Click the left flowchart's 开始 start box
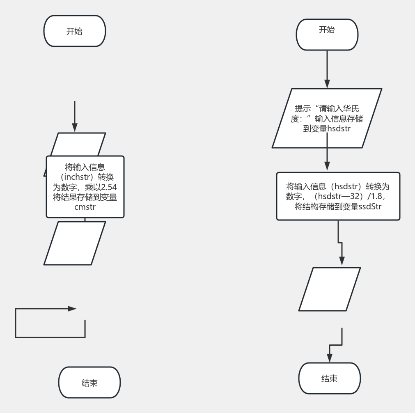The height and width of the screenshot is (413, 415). coord(74,31)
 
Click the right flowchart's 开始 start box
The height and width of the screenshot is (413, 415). coord(327,30)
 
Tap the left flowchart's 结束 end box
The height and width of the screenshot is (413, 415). coord(89,383)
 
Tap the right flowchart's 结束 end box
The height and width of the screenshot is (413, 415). coord(329,379)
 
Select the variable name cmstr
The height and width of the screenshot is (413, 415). coord(85,207)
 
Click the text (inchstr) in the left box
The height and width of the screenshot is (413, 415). coord(77,177)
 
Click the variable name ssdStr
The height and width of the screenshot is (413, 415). coord(370,206)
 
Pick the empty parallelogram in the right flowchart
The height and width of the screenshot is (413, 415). coord(329,289)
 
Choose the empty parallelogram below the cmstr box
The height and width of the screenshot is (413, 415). coord(75,243)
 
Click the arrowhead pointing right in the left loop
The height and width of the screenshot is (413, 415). coord(72,309)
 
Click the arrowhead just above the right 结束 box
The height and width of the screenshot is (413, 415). coord(330,358)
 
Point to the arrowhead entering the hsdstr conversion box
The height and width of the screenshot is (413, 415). coord(327,166)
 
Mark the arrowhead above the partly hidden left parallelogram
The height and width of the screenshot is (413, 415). coord(74,127)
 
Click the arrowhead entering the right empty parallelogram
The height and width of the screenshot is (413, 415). coord(342,261)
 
